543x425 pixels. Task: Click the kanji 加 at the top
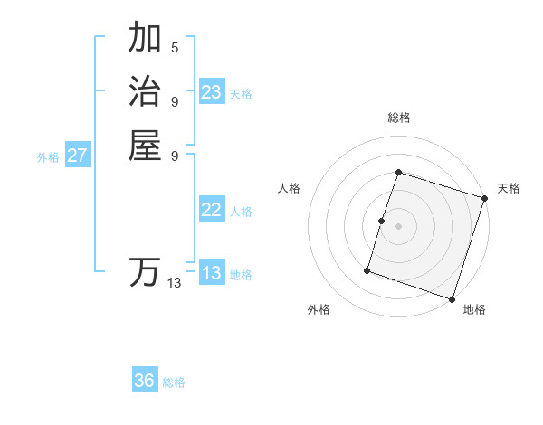point(145,39)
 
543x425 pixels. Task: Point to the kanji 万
point(145,272)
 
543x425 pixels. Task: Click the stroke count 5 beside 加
point(175,48)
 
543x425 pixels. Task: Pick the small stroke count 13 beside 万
point(175,283)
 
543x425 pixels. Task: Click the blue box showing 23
point(212,92)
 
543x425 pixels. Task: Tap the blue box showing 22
point(212,210)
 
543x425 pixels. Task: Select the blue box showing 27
point(78,156)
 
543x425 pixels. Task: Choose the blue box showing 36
point(145,381)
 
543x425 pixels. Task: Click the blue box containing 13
point(212,273)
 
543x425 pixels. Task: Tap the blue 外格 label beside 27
point(48,157)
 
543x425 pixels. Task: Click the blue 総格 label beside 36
point(174,382)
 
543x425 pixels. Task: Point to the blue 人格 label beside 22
point(241,212)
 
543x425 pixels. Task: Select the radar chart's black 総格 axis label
point(398,118)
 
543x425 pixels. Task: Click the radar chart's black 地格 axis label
point(474,310)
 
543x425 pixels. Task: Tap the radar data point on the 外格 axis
point(367,269)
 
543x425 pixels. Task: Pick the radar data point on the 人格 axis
point(381,221)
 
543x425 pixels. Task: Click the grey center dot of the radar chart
point(398,226)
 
